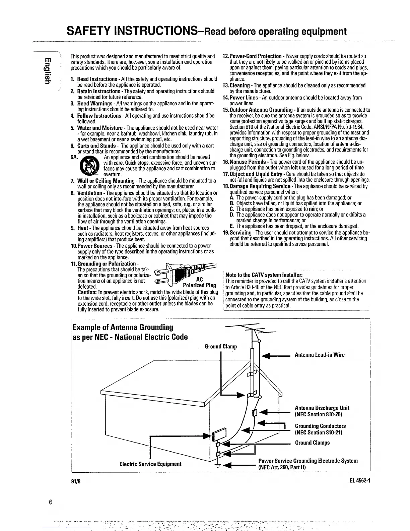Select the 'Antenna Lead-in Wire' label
pyautogui.click(x=319, y=355)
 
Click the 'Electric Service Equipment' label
pyautogui.click(x=150, y=464)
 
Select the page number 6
pyautogui.click(x=51, y=502)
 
